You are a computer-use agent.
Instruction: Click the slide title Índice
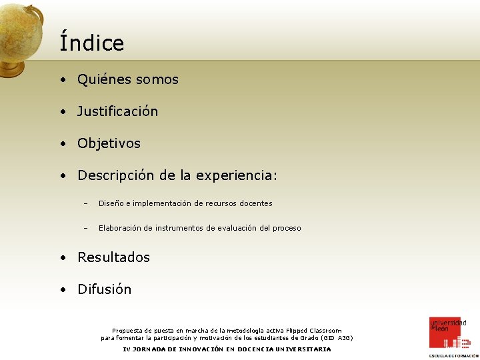coord(91,43)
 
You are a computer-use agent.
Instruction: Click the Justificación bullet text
coord(117,111)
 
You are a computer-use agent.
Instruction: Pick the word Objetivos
coord(109,143)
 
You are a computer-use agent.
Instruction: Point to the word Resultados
coord(113,257)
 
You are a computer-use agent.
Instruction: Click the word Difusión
coord(104,289)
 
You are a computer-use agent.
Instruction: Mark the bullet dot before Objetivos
coord(62,144)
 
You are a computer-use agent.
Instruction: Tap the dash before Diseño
coord(85,203)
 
